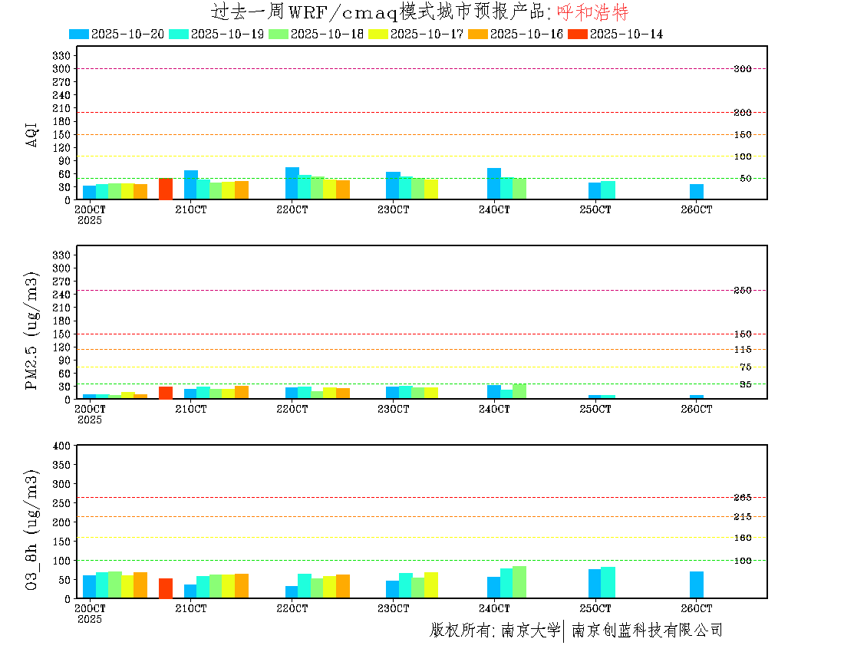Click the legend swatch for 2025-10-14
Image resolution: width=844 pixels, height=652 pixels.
click(x=578, y=35)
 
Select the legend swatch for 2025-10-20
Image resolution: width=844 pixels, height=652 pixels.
click(x=79, y=35)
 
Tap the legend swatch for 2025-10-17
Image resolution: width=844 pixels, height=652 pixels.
click(x=378, y=35)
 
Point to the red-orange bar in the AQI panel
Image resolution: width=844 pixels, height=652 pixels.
click(x=166, y=189)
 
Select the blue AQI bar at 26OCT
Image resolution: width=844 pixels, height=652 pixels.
click(x=696, y=192)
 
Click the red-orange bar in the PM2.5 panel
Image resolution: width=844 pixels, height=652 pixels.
click(x=166, y=393)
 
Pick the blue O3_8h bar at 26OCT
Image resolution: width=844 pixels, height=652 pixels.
click(x=696, y=584)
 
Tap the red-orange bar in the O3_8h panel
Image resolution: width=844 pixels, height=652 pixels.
click(x=166, y=588)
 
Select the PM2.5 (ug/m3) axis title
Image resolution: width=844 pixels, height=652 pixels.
click(x=32, y=331)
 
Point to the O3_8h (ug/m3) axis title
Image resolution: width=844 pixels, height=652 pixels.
click(x=32, y=527)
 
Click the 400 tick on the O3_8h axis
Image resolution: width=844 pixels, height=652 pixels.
click(x=61, y=446)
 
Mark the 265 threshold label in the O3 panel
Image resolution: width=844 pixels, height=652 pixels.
click(x=742, y=498)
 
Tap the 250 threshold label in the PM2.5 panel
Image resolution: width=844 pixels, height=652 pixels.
click(x=742, y=291)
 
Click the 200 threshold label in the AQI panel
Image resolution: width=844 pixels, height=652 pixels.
click(x=742, y=113)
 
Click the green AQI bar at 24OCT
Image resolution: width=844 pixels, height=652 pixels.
click(x=519, y=189)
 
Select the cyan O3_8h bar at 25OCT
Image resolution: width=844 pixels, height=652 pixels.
click(x=608, y=582)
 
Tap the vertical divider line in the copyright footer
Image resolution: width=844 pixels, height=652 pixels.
click(x=564, y=631)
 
